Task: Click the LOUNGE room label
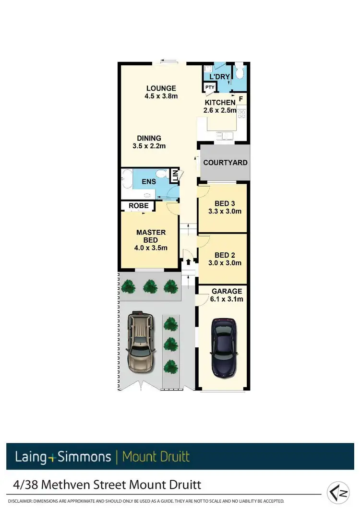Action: click(x=161, y=88)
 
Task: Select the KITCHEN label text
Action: click(x=220, y=103)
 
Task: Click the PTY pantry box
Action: click(x=210, y=87)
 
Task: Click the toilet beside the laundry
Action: click(x=240, y=72)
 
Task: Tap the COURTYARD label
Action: click(x=225, y=163)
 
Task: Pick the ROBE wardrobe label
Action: click(x=138, y=206)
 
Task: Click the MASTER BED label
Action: click(x=151, y=236)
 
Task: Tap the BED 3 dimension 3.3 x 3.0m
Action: click(x=225, y=211)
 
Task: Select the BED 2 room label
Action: click(x=225, y=255)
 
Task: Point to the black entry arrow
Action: click(x=188, y=262)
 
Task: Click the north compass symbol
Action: click(x=338, y=492)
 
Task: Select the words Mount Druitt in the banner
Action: click(x=156, y=456)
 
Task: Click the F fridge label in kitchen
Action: click(x=240, y=99)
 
